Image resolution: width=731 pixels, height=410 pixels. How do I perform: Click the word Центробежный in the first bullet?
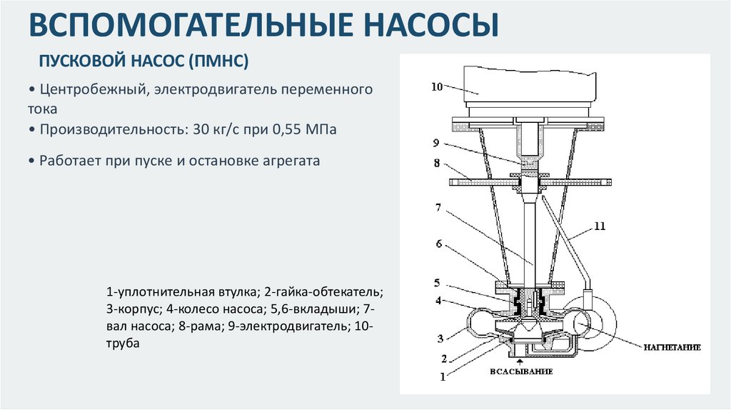coord(93,91)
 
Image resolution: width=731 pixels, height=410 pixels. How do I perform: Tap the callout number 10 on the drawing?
coord(437,86)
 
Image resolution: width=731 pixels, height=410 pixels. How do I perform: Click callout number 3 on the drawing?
coord(441,338)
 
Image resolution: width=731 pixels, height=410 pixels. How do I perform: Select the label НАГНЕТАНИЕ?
coord(671,347)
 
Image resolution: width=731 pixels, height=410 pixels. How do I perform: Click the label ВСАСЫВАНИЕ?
coord(521,372)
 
